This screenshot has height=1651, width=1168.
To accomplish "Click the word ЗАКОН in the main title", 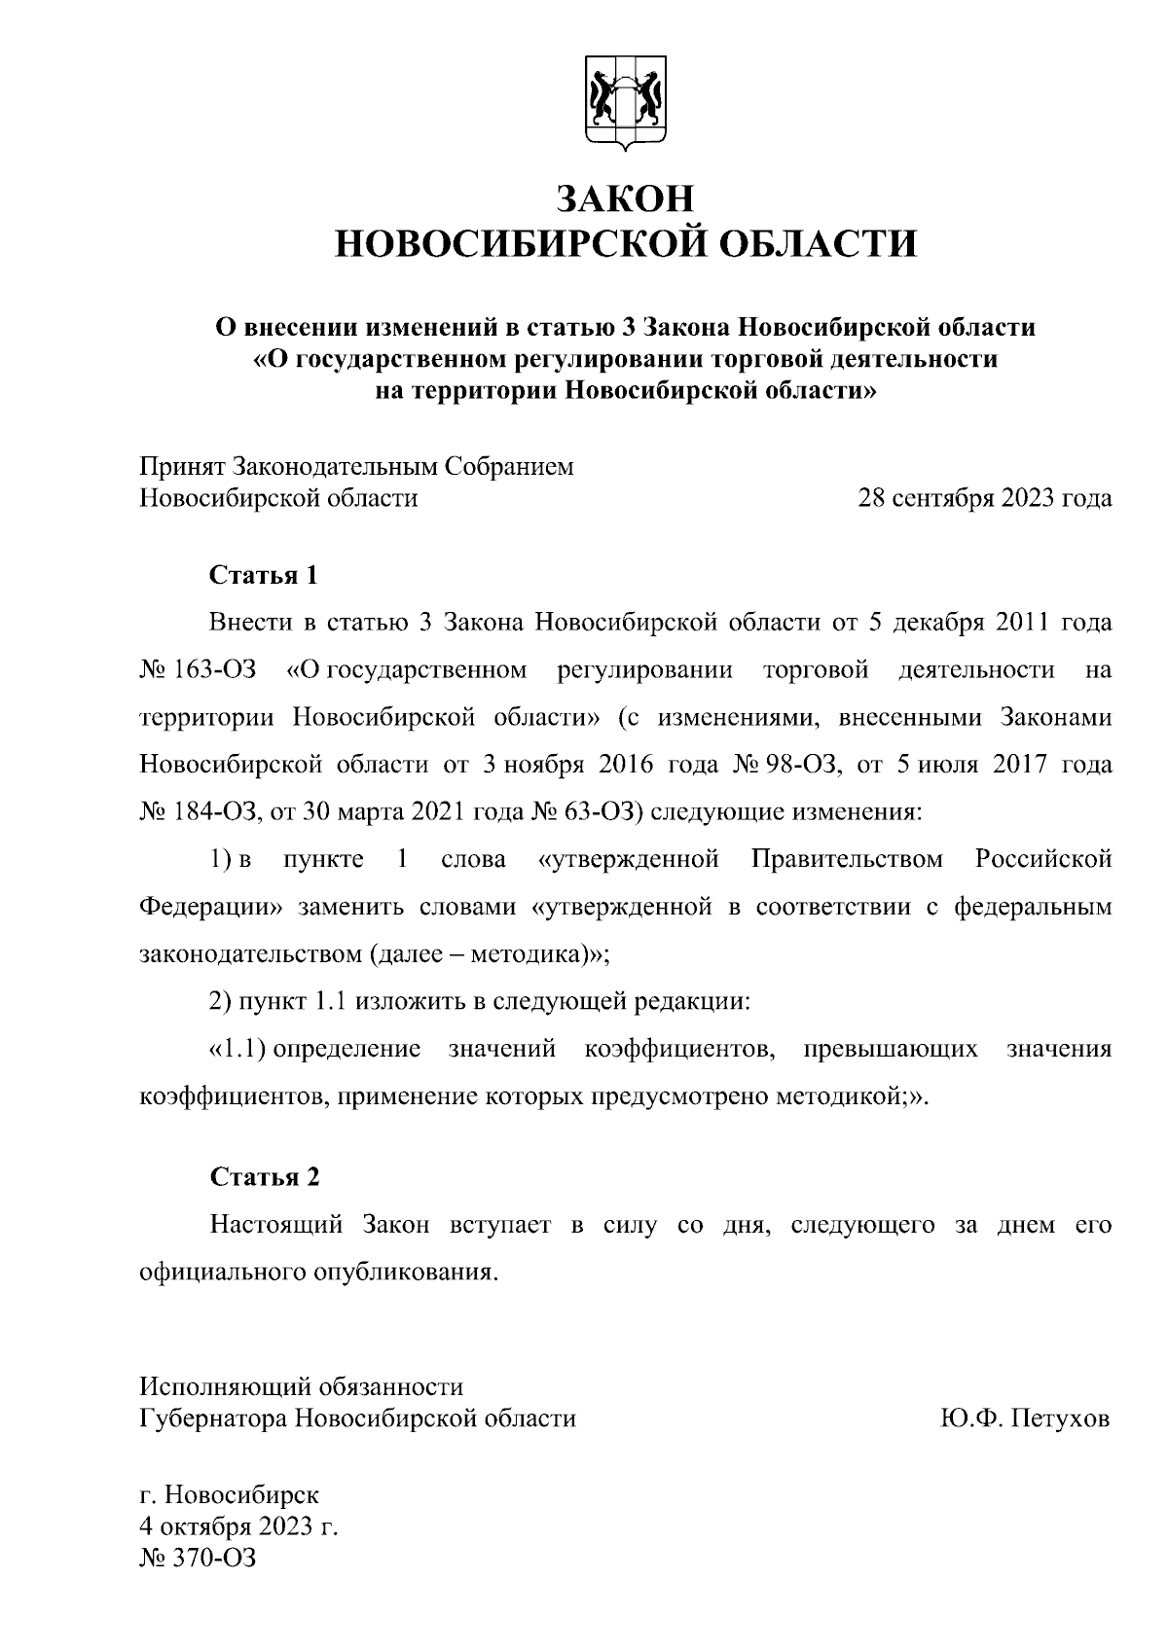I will pos(626,198).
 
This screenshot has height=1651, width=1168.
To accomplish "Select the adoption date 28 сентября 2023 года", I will pos(983,499).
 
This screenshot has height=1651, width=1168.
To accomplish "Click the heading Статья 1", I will pos(265,575).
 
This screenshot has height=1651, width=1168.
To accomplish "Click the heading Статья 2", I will pos(265,1177).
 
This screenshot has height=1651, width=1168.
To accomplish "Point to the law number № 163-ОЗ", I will pos(199,670).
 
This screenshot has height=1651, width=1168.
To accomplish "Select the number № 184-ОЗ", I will pos(199,812).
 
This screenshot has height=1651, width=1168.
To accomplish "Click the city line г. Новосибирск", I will pos(229,1493).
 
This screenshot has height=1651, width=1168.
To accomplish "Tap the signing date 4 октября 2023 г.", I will pos(239,1525).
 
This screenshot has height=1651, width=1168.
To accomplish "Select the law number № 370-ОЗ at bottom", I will pos(199,1558).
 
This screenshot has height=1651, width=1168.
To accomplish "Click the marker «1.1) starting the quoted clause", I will pos(238,1049).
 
